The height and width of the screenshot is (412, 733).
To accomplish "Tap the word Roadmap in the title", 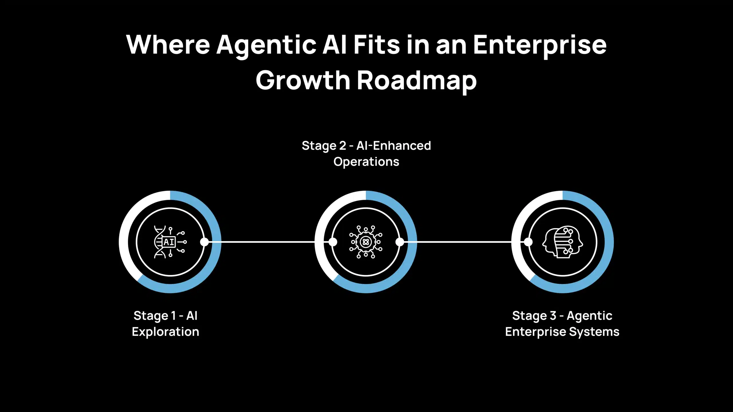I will [x=417, y=81].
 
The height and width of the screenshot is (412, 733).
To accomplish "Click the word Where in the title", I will [x=168, y=45].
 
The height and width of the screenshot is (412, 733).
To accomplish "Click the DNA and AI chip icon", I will [x=170, y=242].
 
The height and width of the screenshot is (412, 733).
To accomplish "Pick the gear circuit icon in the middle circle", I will [x=366, y=242].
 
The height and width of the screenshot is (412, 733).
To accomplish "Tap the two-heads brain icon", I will [x=562, y=242].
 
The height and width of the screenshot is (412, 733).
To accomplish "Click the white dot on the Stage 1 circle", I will [x=204, y=242].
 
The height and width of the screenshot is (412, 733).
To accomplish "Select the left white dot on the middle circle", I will [x=333, y=242].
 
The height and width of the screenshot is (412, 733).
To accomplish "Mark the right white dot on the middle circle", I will [x=400, y=242].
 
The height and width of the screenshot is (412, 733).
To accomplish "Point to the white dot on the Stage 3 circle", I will [x=528, y=242].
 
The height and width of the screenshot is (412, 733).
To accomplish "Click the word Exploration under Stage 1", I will [x=165, y=332].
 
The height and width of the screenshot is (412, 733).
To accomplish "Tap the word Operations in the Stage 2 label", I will [x=366, y=162].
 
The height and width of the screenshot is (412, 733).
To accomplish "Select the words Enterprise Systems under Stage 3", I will [x=562, y=332].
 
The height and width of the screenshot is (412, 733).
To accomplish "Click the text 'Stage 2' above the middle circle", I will [x=324, y=146].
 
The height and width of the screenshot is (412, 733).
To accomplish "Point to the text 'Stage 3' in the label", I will [x=534, y=316].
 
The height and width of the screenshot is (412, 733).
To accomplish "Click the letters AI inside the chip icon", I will [x=169, y=242].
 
